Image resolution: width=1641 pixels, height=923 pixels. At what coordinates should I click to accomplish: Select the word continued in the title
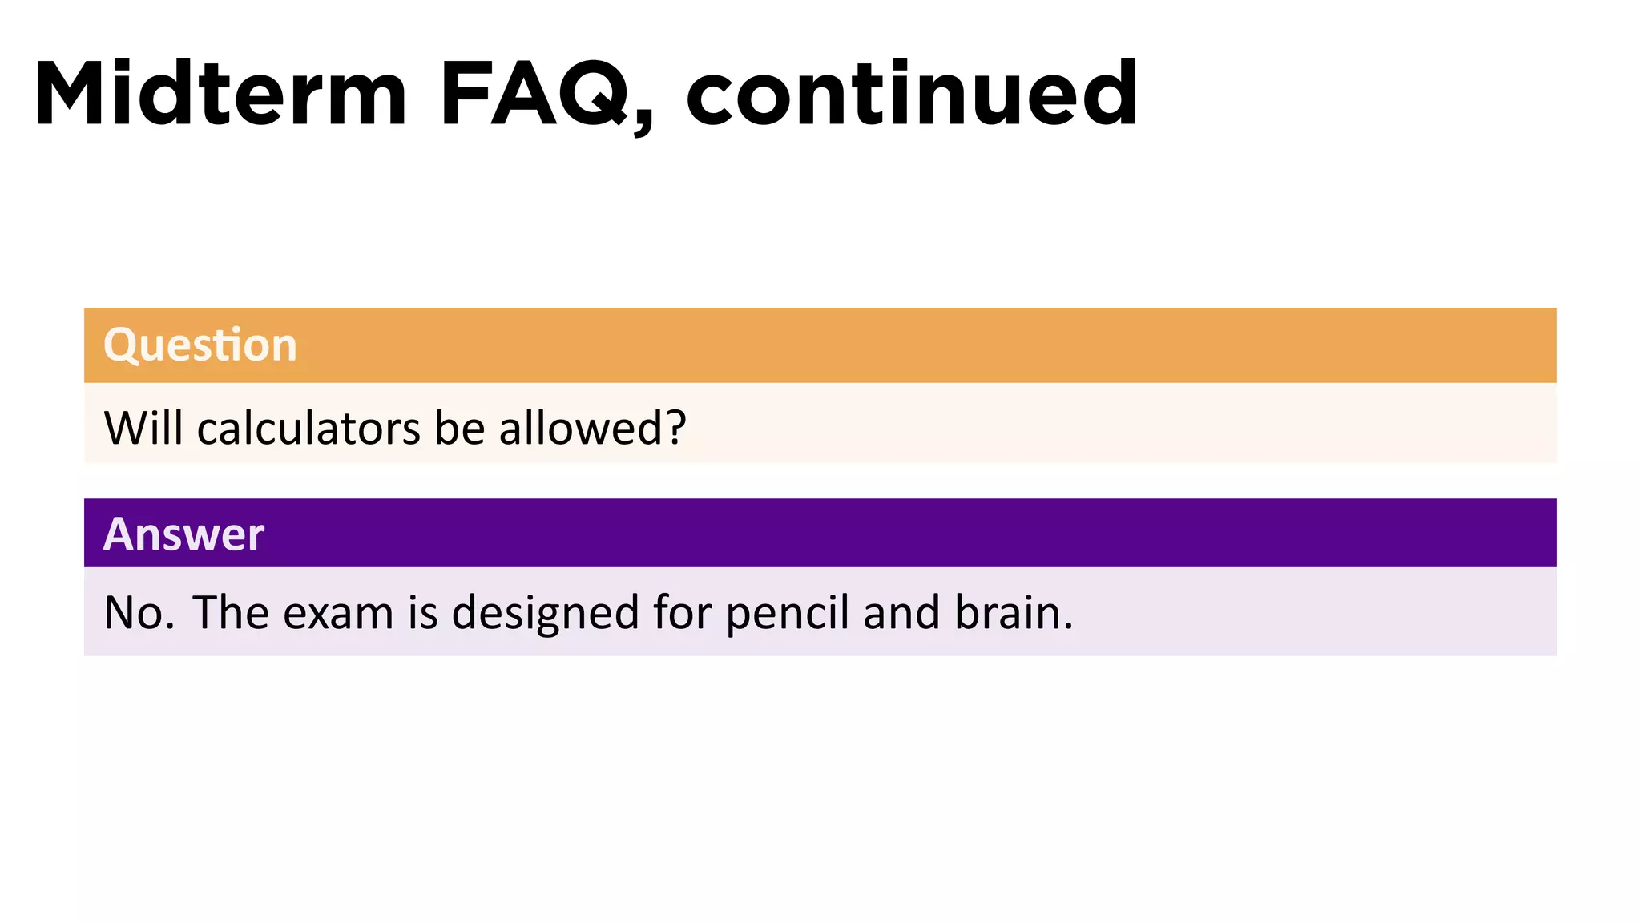click(x=912, y=94)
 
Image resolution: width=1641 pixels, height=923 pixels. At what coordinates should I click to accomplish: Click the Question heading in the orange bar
click(x=200, y=345)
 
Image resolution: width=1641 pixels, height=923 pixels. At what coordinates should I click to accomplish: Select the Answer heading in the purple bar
click(x=183, y=534)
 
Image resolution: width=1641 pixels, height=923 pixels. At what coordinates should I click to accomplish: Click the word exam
click(x=338, y=613)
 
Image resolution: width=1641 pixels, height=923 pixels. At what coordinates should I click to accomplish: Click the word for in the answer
click(x=682, y=613)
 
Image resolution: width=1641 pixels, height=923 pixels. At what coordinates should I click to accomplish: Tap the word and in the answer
click(x=901, y=613)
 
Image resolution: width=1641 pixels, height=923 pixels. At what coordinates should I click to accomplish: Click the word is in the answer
click(x=423, y=613)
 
